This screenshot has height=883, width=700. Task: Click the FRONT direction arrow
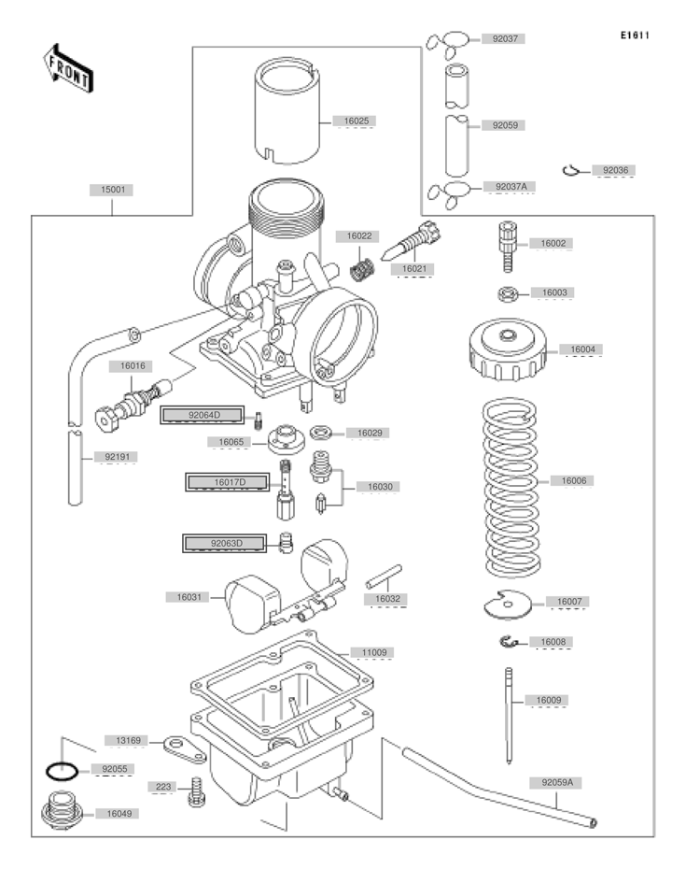pos(68,68)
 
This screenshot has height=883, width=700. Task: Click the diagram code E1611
pos(635,36)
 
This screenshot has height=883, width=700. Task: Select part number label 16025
pos(357,121)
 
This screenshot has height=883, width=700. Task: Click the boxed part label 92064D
pos(203,415)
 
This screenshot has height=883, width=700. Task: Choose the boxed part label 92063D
pos(225,544)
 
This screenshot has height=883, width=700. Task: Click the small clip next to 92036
pos(571,170)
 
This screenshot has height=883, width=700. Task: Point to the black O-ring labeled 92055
pos(62,771)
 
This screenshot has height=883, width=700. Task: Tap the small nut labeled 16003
pos(508,293)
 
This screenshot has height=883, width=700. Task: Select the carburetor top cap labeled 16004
pos(508,349)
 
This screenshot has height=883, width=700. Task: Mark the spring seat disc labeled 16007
pos(508,605)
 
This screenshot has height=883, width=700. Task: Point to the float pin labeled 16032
pos(384,577)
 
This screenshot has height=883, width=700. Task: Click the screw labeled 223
pos(196,791)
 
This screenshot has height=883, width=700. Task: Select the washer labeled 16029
pos(321,433)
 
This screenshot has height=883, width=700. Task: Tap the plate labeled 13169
pos(185,749)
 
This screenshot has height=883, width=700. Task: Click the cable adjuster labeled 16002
pos(508,247)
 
